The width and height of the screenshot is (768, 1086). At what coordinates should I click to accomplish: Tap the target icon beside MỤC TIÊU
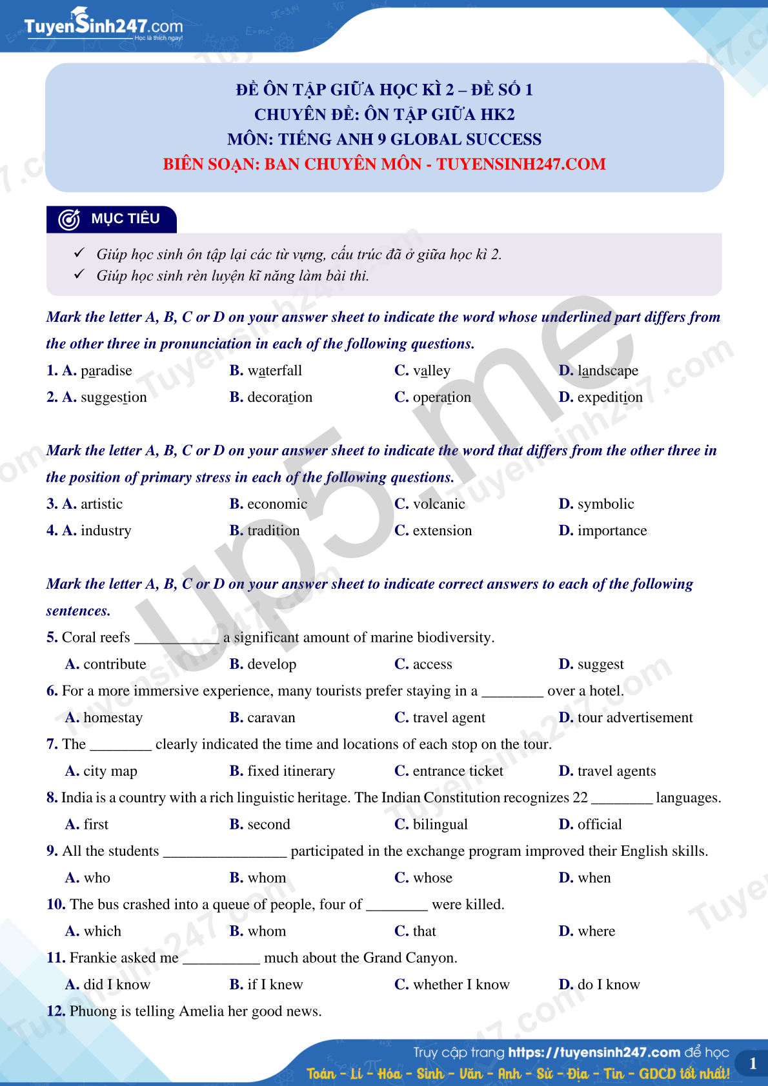(x=69, y=219)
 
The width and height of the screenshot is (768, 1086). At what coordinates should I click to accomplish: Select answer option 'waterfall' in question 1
(x=274, y=371)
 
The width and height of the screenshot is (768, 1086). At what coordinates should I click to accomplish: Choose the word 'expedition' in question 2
(x=609, y=397)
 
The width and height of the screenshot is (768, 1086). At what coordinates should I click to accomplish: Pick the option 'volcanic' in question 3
(x=438, y=504)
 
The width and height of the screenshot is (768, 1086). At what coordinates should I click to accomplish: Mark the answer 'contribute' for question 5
(x=114, y=664)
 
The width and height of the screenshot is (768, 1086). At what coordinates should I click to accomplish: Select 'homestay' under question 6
(x=113, y=718)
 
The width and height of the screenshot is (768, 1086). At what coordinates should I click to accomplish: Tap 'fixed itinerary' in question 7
(x=291, y=771)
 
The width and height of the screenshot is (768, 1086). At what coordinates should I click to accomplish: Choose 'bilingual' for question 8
(x=440, y=825)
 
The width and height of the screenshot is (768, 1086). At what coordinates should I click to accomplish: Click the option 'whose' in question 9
(x=432, y=878)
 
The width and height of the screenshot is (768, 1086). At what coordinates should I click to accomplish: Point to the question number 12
(x=56, y=1012)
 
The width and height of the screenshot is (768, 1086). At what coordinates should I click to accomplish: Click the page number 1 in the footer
(x=753, y=1064)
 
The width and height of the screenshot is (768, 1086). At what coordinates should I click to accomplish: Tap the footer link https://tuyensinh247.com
(x=594, y=1052)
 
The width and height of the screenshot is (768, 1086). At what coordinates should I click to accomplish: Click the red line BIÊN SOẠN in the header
(x=384, y=164)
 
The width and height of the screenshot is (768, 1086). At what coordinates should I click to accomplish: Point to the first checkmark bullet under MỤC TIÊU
(x=79, y=253)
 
